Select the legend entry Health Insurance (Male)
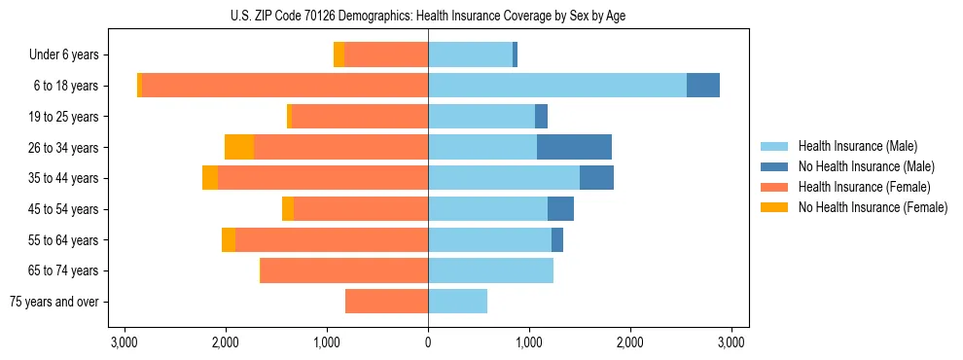(857, 146)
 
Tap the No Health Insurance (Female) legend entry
(873, 207)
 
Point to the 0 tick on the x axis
(428, 342)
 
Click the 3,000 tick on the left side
(125, 342)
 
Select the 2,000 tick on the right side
(630, 342)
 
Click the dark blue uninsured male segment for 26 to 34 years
(574, 147)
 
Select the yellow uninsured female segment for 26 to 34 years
(239, 147)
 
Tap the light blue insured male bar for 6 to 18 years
(557, 86)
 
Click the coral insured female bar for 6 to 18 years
(285, 86)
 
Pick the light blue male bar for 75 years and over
(457, 302)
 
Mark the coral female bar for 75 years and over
(387, 302)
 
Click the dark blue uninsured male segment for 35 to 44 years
(596, 178)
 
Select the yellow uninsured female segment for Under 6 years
(339, 54)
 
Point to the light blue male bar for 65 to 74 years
(490, 270)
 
